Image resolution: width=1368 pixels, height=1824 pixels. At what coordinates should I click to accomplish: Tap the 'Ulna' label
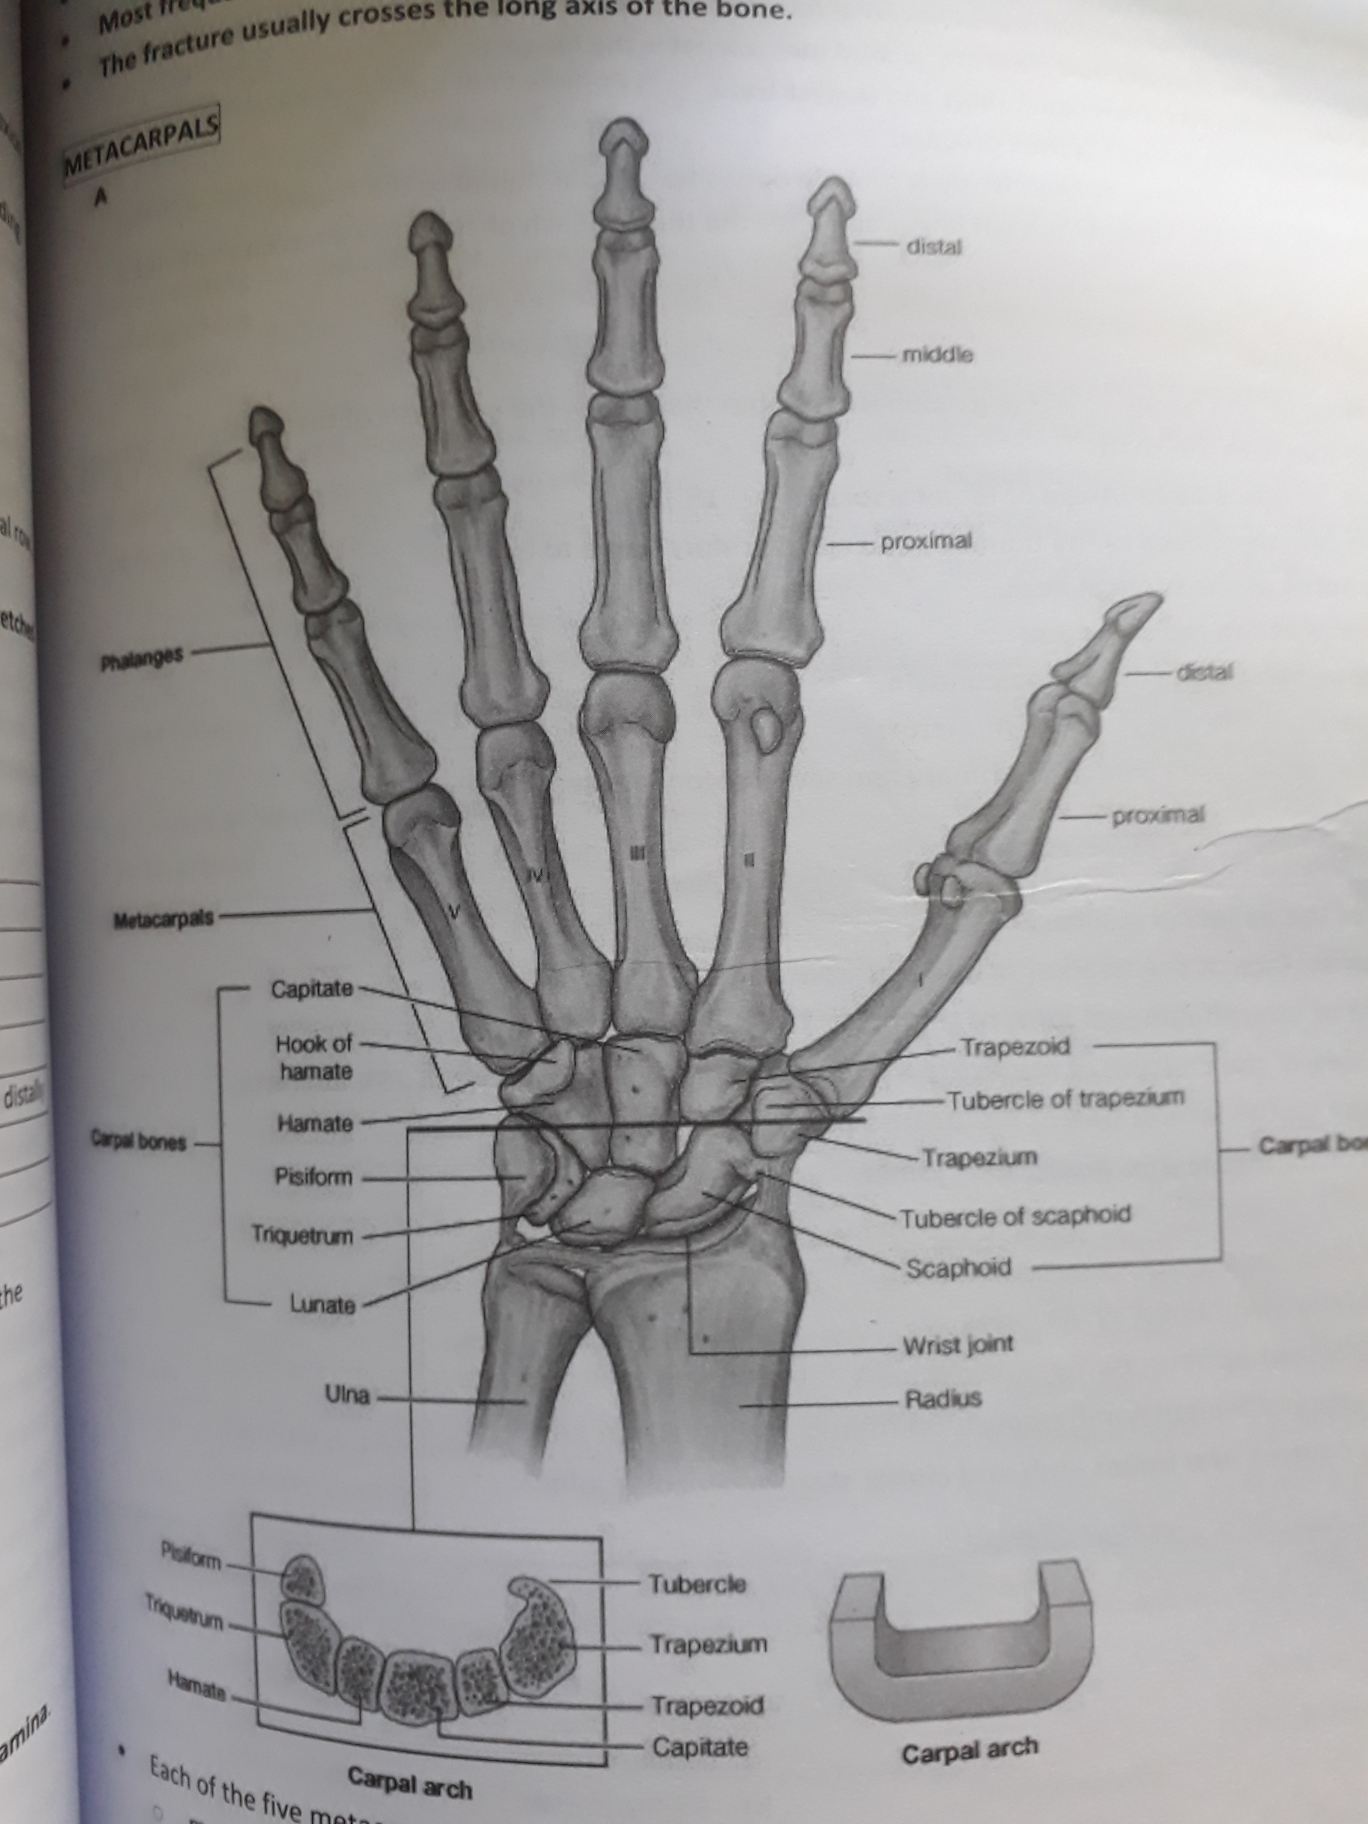pos(348,1395)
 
